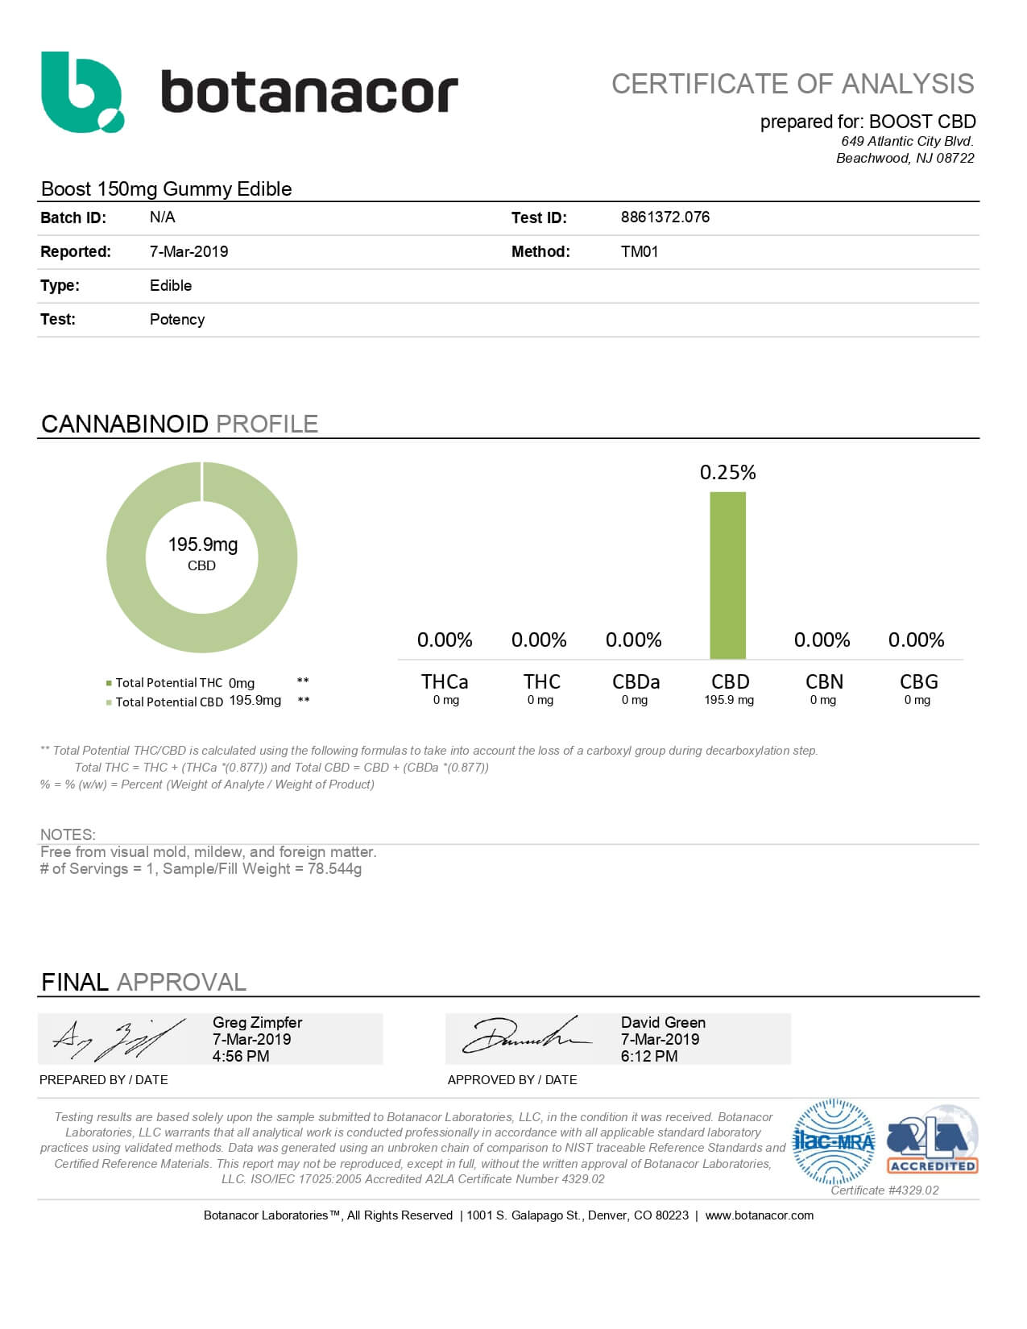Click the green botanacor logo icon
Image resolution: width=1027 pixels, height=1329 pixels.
[82, 92]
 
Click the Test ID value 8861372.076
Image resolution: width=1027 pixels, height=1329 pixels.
[665, 217]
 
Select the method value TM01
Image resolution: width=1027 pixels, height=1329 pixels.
[639, 251]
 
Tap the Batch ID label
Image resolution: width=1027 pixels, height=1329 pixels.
[72, 217]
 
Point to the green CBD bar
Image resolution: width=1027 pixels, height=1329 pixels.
[727, 575]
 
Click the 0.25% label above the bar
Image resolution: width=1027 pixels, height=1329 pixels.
[727, 473]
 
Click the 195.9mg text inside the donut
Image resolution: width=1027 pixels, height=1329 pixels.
[202, 545]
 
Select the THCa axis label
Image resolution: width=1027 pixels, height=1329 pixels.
[445, 682]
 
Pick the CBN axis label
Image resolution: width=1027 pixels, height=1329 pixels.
[824, 682]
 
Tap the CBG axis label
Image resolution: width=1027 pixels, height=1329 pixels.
[918, 682]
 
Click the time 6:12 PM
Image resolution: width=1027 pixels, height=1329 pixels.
[648, 1057]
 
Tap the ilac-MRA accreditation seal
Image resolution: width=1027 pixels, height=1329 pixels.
[833, 1142]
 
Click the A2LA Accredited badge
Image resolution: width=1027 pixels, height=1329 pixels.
[932, 1142]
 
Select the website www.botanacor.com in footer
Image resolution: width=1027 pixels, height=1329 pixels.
[759, 1215]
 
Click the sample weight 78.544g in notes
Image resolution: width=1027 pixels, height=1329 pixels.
[334, 869]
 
